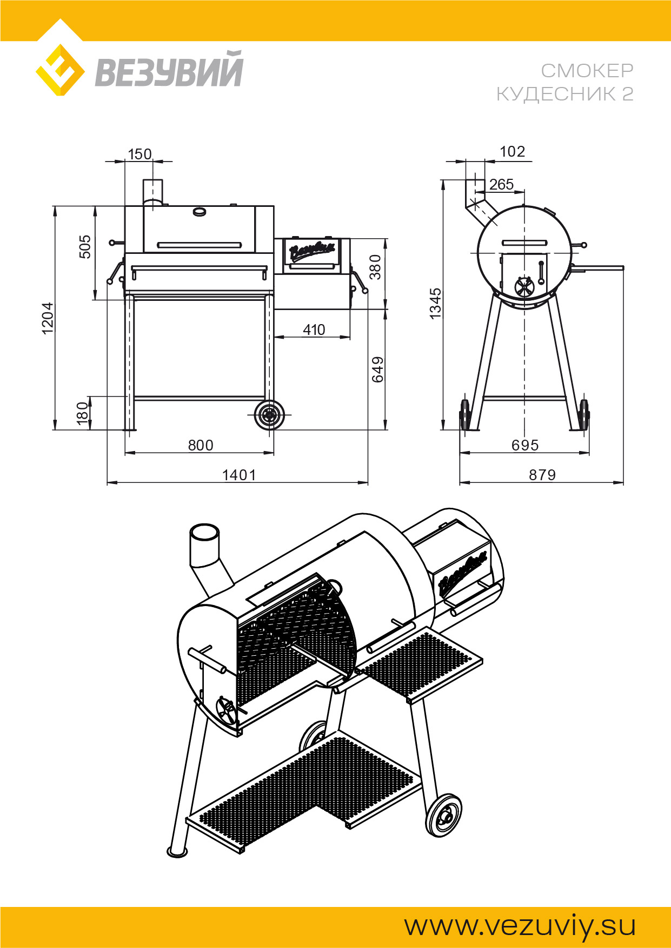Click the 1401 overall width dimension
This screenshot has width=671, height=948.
point(239,475)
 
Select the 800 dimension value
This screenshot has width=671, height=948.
point(201,445)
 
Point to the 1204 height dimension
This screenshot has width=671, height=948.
point(48,318)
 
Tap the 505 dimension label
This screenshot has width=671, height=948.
point(85,246)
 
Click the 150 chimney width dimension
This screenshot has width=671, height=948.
point(139,154)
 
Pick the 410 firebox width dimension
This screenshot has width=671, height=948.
point(314,330)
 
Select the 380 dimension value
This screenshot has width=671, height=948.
point(375,267)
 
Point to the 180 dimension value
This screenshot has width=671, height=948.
point(82,413)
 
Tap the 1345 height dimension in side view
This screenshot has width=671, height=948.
point(435,304)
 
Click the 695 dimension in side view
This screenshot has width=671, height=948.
point(525,445)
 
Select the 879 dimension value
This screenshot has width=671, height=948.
point(542,475)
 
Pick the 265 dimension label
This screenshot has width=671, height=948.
point(501,184)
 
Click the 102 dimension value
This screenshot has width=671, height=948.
point(513,151)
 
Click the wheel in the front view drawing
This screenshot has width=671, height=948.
point(269,415)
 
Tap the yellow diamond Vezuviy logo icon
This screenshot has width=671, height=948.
point(60,70)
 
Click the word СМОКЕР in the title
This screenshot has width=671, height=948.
point(587,70)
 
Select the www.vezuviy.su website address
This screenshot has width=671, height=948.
point(520,926)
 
